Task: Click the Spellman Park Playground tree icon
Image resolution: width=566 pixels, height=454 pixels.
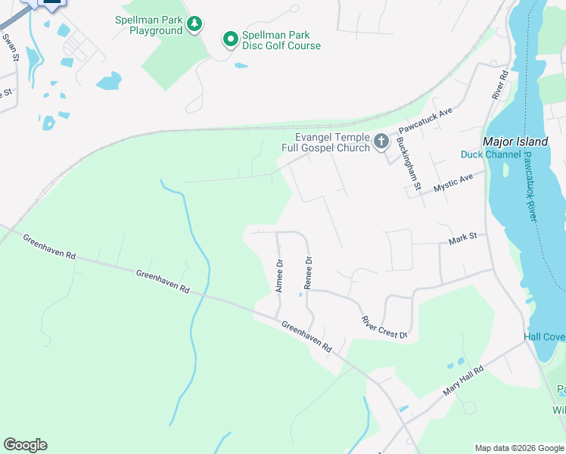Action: [195, 25]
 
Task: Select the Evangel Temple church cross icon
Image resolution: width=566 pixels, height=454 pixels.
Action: [381, 141]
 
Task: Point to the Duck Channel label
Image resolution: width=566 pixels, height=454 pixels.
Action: [490, 155]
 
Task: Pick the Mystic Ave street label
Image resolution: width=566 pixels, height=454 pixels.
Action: [453, 182]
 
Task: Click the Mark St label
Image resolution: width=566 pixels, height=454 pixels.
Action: [462, 238]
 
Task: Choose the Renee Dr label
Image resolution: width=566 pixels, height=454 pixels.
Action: [308, 272]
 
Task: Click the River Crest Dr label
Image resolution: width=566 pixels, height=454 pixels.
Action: [384, 327]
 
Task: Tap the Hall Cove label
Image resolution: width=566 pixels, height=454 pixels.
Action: [544, 337]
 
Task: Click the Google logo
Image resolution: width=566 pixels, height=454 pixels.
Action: [25, 445]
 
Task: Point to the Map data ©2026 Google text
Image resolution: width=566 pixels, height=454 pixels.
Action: [518, 448]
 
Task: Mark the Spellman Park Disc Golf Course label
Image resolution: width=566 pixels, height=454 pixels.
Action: [281, 41]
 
